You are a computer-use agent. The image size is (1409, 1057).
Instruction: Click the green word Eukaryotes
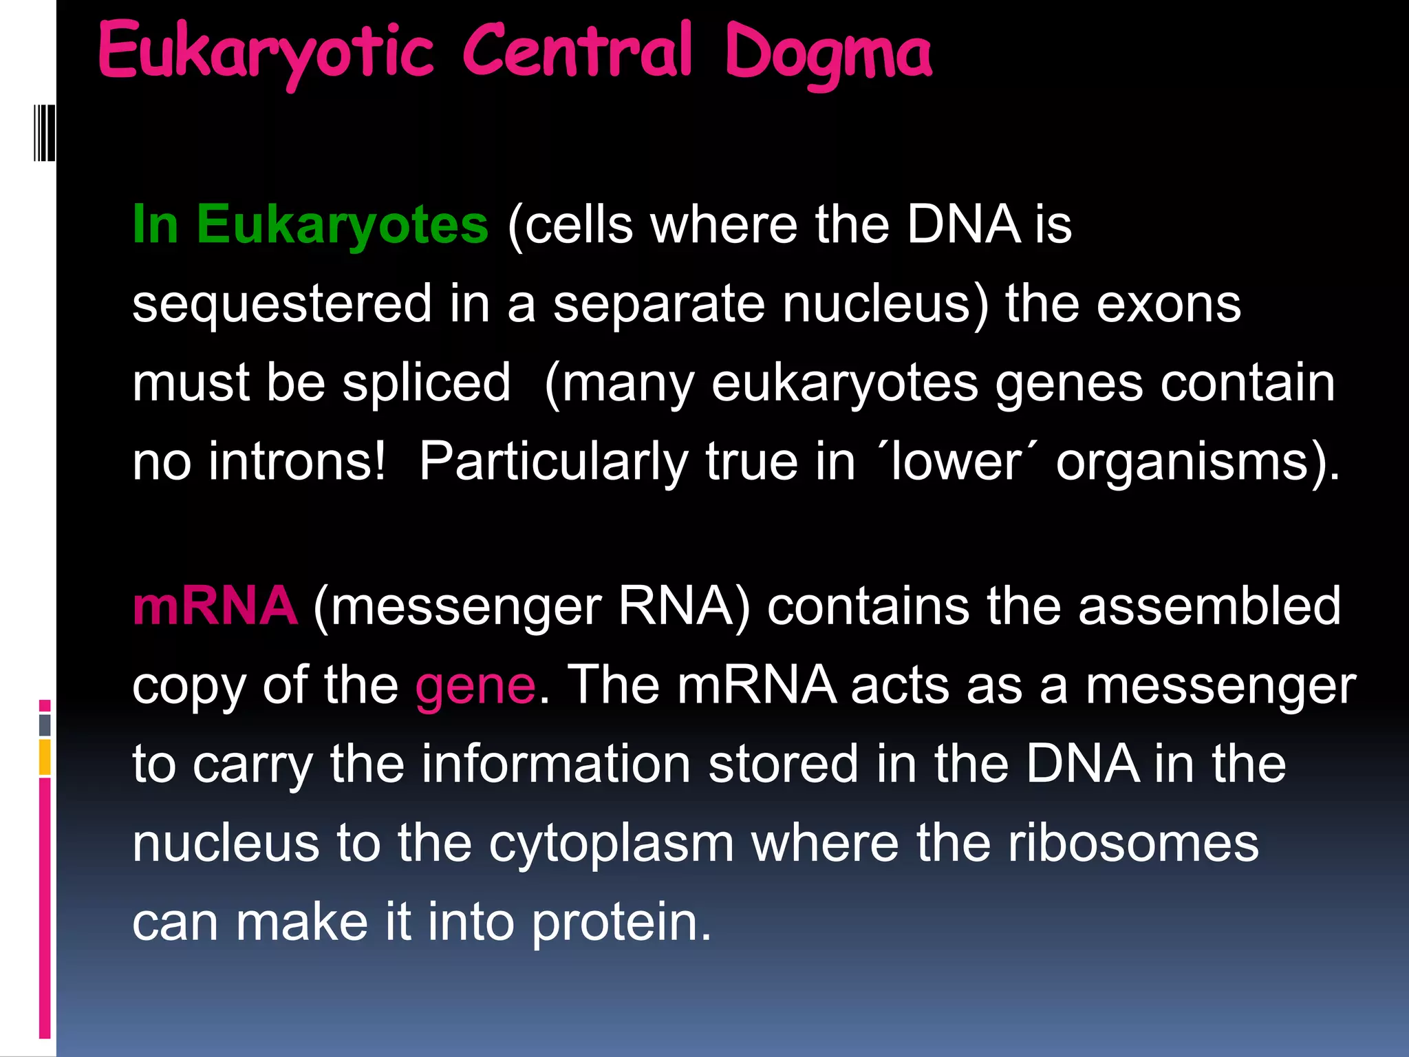pyautogui.click(x=342, y=224)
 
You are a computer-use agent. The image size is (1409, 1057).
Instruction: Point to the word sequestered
pyautogui.click(x=282, y=304)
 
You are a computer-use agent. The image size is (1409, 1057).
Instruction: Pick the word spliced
pyautogui.click(x=427, y=383)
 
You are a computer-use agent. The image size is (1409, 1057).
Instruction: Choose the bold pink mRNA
pyautogui.click(x=215, y=606)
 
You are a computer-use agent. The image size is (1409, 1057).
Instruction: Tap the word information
pyautogui.click(x=556, y=764)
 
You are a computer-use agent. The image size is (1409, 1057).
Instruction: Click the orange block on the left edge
pyautogui.click(x=45, y=757)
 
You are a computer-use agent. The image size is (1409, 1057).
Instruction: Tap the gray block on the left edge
pyautogui.click(x=45, y=725)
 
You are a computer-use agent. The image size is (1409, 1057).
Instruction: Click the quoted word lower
pyautogui.click(x=957, y=462)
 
